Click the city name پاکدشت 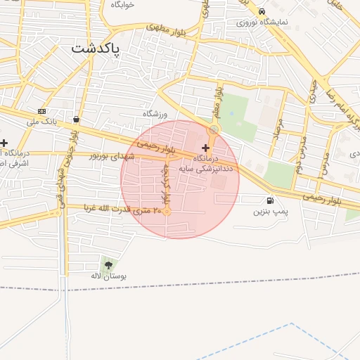[x=96, y=49]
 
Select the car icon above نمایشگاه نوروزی [x=262, y=12]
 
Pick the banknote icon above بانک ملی [x=41, y=111]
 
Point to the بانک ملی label [x=41, y=122]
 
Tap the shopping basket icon [x=76, y=120]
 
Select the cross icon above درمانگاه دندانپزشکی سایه [x=205, y=148]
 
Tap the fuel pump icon [x=271, y=199]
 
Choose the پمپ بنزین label [x=271, y=210]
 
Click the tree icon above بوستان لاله [x=108, y=264]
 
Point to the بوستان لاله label [x=108, y=276]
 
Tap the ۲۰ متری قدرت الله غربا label [x=123, y=209]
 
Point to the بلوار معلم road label [x=219, y=101]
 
